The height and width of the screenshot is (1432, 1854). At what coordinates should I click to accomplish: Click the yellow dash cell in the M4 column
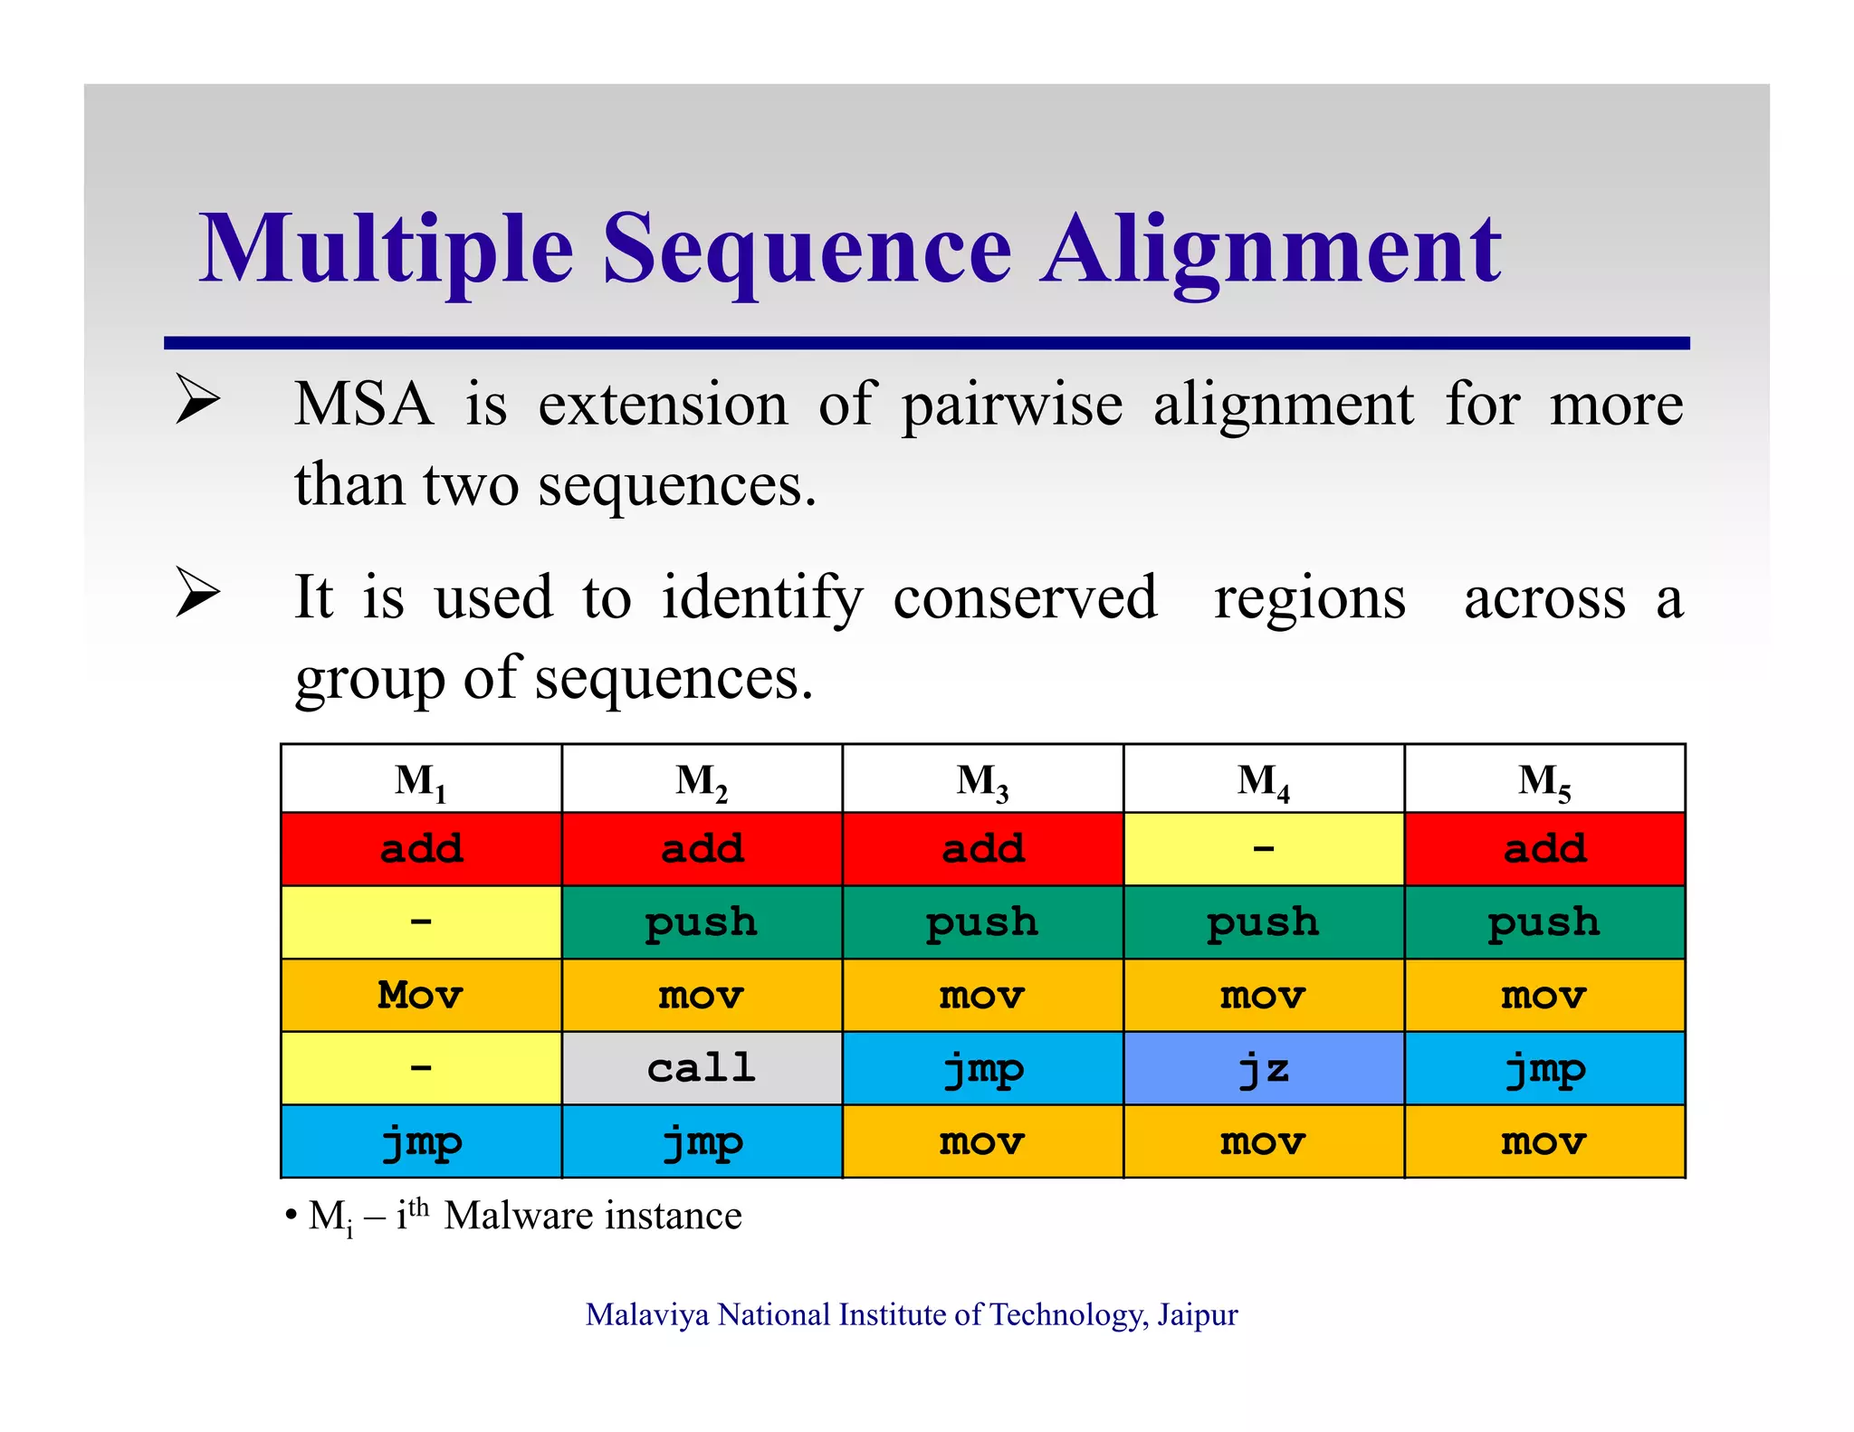pyautogui.click(x=1264, y=849)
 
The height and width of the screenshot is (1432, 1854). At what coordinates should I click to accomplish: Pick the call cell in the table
pyautogui.click(x=702, y=1068)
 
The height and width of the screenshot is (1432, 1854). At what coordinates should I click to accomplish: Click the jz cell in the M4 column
pyautogui.click(x=1264, y=1068)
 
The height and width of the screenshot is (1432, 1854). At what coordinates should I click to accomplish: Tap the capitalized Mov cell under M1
pyautogui.click(x=421, y=995)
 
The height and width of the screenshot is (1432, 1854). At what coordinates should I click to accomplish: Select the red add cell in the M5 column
pyautogui.click(x=1544, y=849)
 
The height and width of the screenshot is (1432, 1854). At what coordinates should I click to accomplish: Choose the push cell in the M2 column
pyautogui.click(x=702, y=922)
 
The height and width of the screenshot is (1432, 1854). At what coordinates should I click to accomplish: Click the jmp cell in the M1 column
pyautogui.click(x=421, y=1142)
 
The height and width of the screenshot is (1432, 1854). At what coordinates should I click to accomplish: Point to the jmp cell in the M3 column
pyautogui.click(x=982, y=1068)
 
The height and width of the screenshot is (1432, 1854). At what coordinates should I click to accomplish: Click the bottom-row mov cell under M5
pyautogui.click(x=1544, y=1142)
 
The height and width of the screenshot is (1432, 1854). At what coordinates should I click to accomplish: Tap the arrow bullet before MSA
pyautogui.click(x=198, y=399)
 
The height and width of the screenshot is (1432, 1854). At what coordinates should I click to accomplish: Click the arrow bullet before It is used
pyautogui.click(x=198, y=593)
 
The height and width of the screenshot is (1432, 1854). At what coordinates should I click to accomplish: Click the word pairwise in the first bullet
pyautogui.click(x=1011, y=405)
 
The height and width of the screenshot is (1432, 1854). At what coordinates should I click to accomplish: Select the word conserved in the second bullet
pyautogui.click(x=1025, y=597)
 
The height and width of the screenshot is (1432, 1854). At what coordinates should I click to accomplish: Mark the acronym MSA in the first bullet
pyautogui.click(x=364, y=405)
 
